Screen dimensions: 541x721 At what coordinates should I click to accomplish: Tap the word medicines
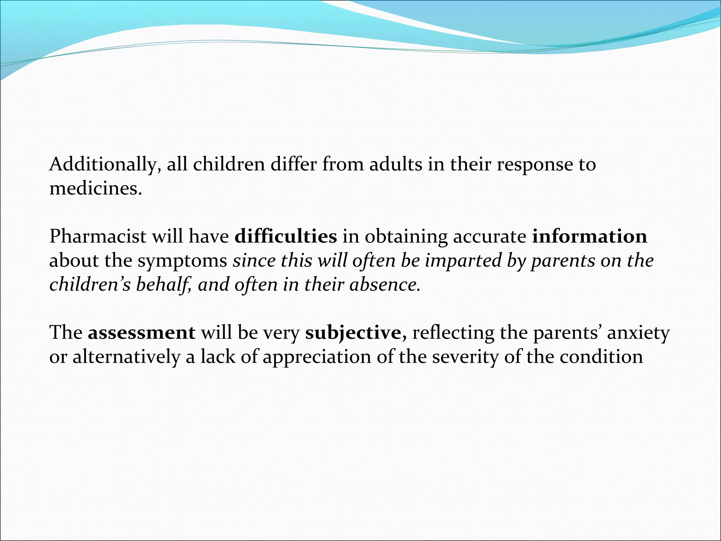point(95,189)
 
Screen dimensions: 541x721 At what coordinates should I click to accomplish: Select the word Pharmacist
point(98,237)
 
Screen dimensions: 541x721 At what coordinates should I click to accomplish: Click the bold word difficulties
point(286,237)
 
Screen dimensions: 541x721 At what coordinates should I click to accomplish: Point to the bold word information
point(589,237)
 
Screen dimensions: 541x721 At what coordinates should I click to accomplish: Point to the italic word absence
point(385,285)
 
